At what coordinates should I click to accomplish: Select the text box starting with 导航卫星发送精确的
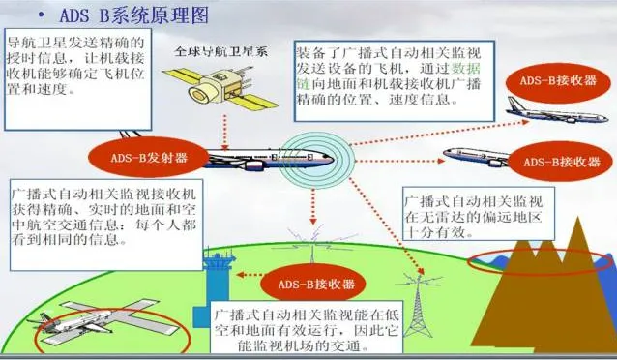coord(76,73)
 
